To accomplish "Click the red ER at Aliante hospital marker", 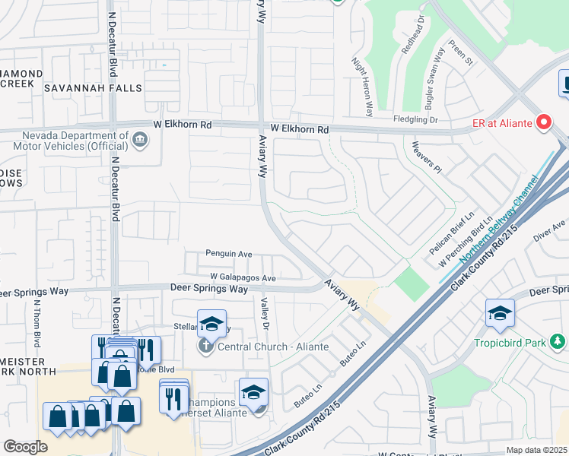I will point(544,121).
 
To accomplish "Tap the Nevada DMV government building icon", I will point(140,139).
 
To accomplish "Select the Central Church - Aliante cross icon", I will point(206,347).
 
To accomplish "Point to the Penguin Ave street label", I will point(227,254).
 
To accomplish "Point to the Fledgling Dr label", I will point(416,119).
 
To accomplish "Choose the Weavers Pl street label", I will point(427,156).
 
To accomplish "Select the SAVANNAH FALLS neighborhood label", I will point(93,88).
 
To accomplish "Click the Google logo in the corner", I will point(25,447).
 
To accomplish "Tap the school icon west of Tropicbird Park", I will point(500,313).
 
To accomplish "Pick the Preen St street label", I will point(461,52).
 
